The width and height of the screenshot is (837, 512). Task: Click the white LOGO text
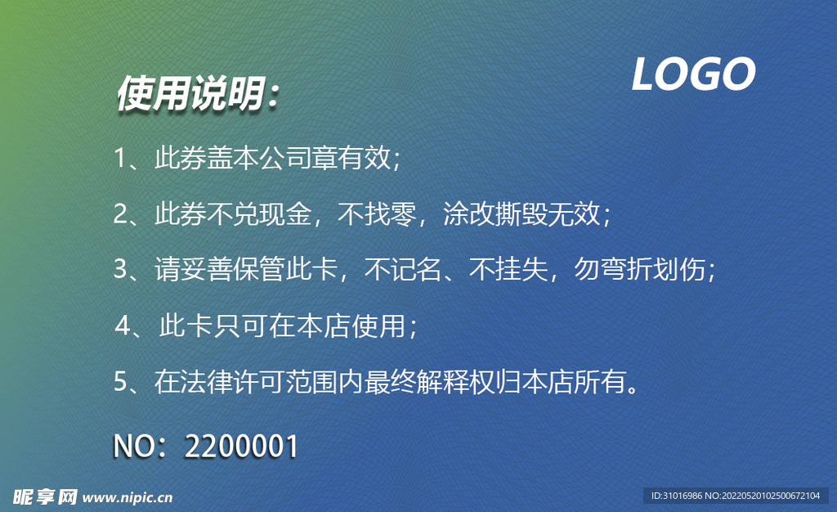(x=693, y=75)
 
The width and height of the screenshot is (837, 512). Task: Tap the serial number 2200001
(x=242, y=447)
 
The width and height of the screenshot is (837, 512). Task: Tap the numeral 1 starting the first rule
(x=119, y=159)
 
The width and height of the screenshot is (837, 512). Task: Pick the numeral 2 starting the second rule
(x=120, y=214)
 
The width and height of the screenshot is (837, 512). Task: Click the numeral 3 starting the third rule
(x=120, y=269)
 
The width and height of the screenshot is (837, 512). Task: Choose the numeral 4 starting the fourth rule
(x=123, y=326)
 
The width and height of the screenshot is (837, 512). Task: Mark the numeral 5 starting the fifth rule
(x=120, y=382)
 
